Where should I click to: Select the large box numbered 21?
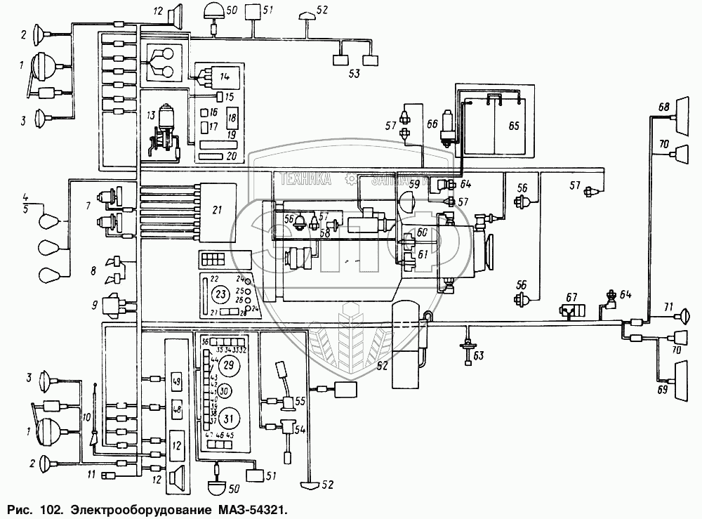pyautogui.click(x=216, y=209)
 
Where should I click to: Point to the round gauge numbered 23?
pyautogui.click(x=220, y=292)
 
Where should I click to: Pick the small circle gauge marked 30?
pyautogui.click(x=225, y=390)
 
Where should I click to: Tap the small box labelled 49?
pyautogui.click(x=176, y=382)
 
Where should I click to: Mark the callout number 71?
pyautogui.click(x=669, y=307)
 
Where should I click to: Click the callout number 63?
pyautogui.click(x=478, y=355)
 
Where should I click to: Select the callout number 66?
pyautogui.click(x=431, y=124)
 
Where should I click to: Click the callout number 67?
pyautogui.click(x=572, y=297)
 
